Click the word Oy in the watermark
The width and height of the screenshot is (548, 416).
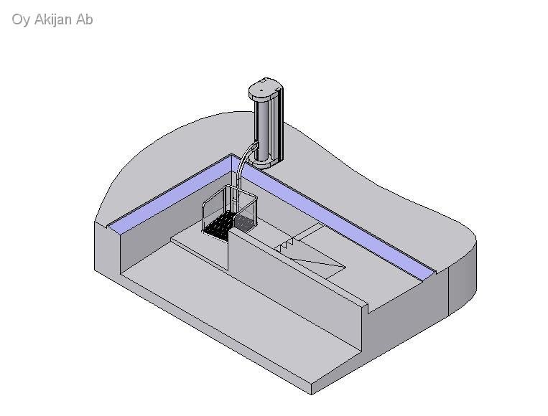pos(21,20)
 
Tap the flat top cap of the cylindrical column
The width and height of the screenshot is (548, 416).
pos(264,88)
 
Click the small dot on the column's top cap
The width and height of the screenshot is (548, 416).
pos(261,90)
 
